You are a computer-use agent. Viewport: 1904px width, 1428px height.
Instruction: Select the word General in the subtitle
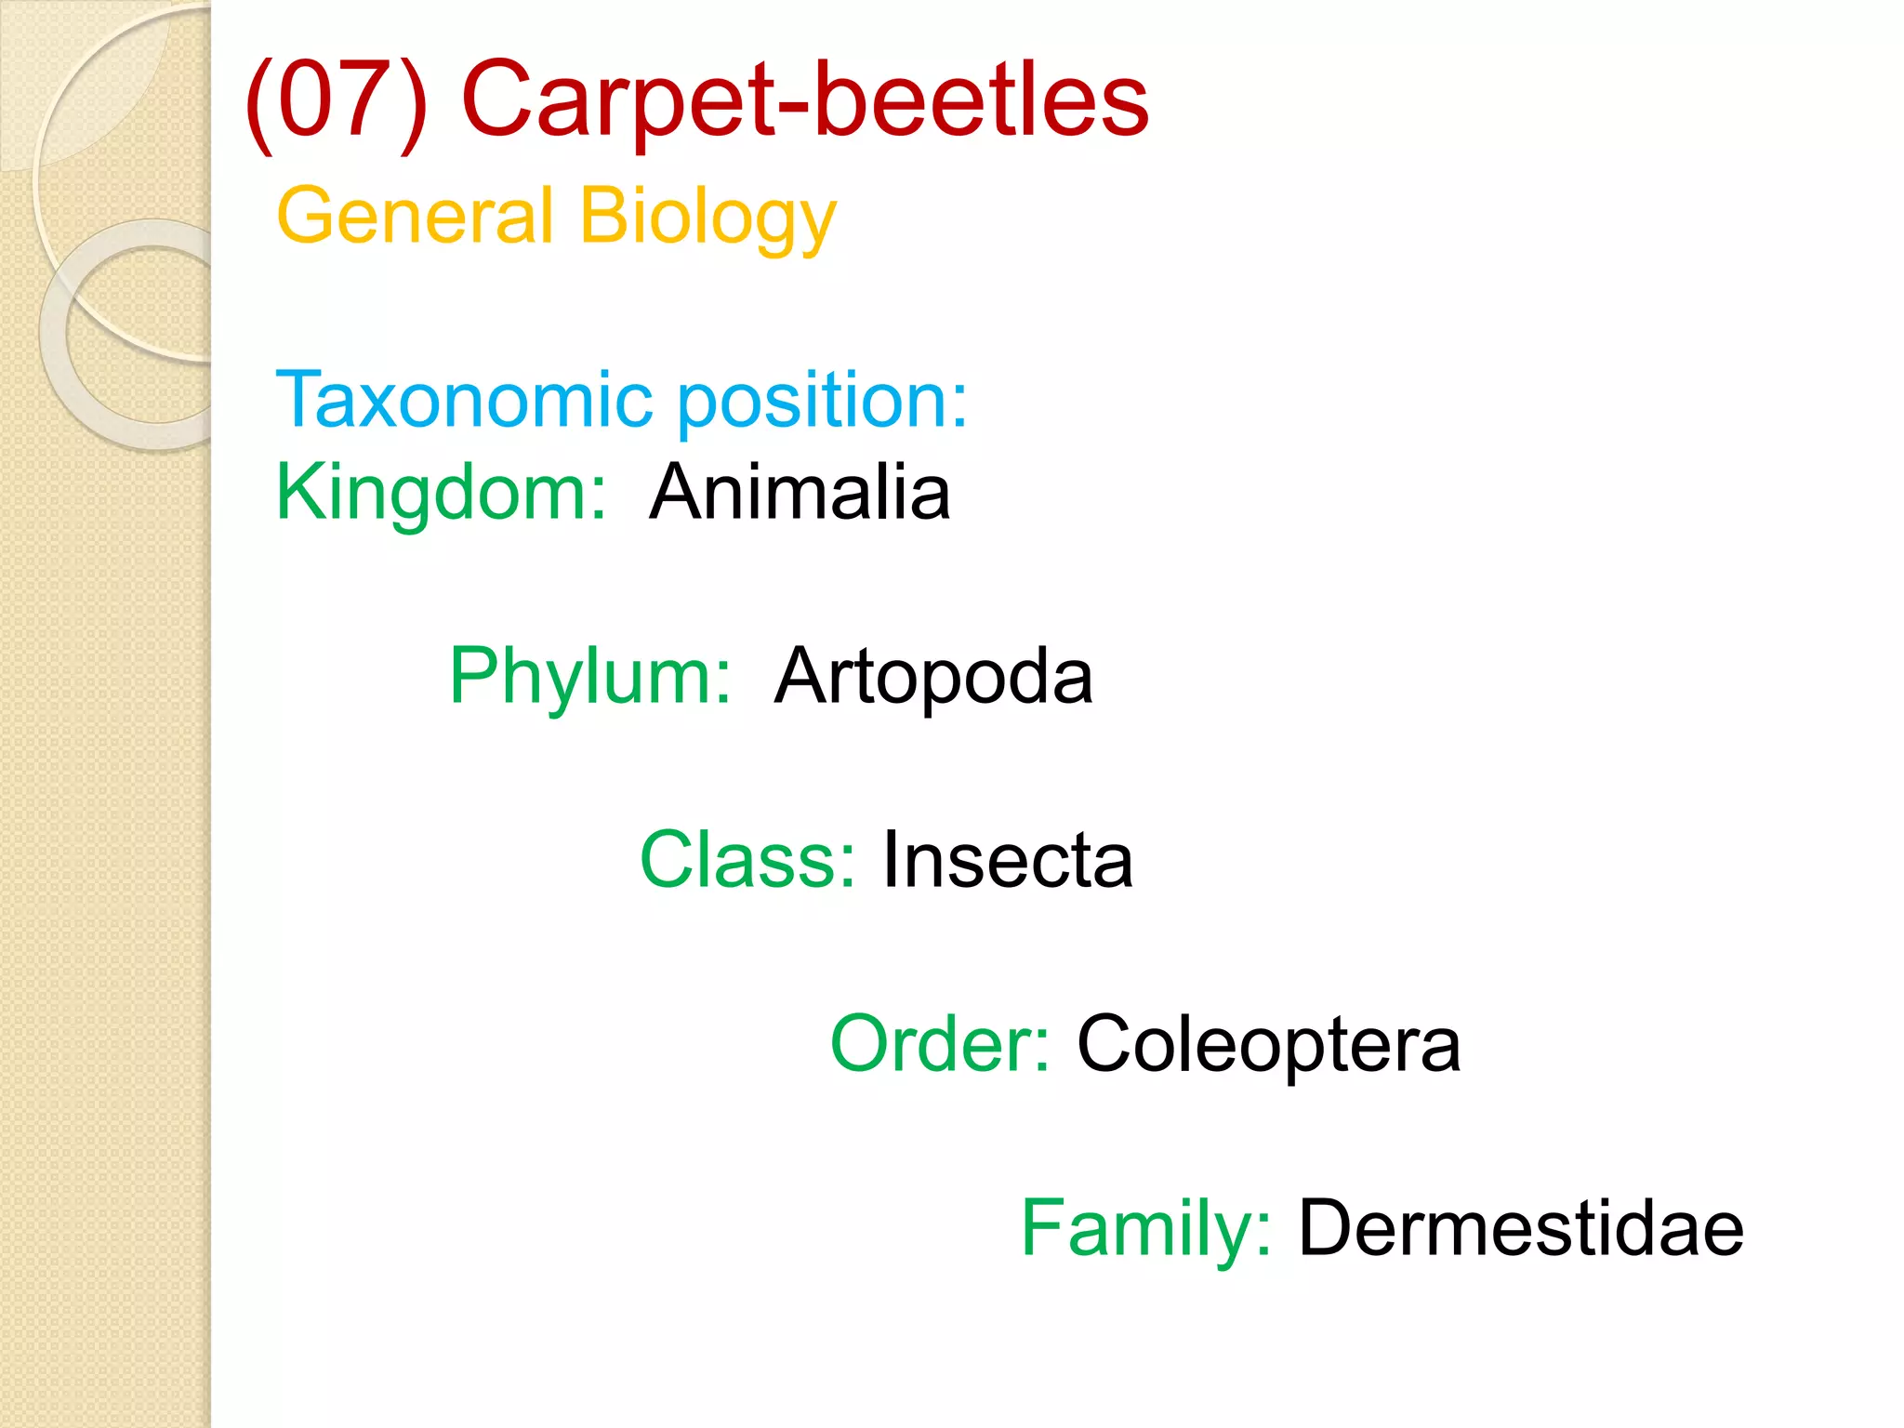tap(415, 216)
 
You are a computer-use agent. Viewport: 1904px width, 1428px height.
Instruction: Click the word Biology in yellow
tap(707, 218)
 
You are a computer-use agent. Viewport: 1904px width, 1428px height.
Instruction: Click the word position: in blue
tap(822, 402)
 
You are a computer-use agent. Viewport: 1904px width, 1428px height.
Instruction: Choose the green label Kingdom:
tap(442, 493)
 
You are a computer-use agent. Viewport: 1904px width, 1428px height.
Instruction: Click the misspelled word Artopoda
tap(933, 677)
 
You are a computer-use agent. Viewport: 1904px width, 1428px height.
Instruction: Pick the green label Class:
tap(747, 860)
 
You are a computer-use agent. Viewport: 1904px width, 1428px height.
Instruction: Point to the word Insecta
tap(1008, 860)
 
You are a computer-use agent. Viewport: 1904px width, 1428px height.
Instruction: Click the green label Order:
tap(940, 1043)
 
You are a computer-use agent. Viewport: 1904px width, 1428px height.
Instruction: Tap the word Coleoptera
tap(1268, 1045)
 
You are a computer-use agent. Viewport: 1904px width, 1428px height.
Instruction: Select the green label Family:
tap(1145, 1228)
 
